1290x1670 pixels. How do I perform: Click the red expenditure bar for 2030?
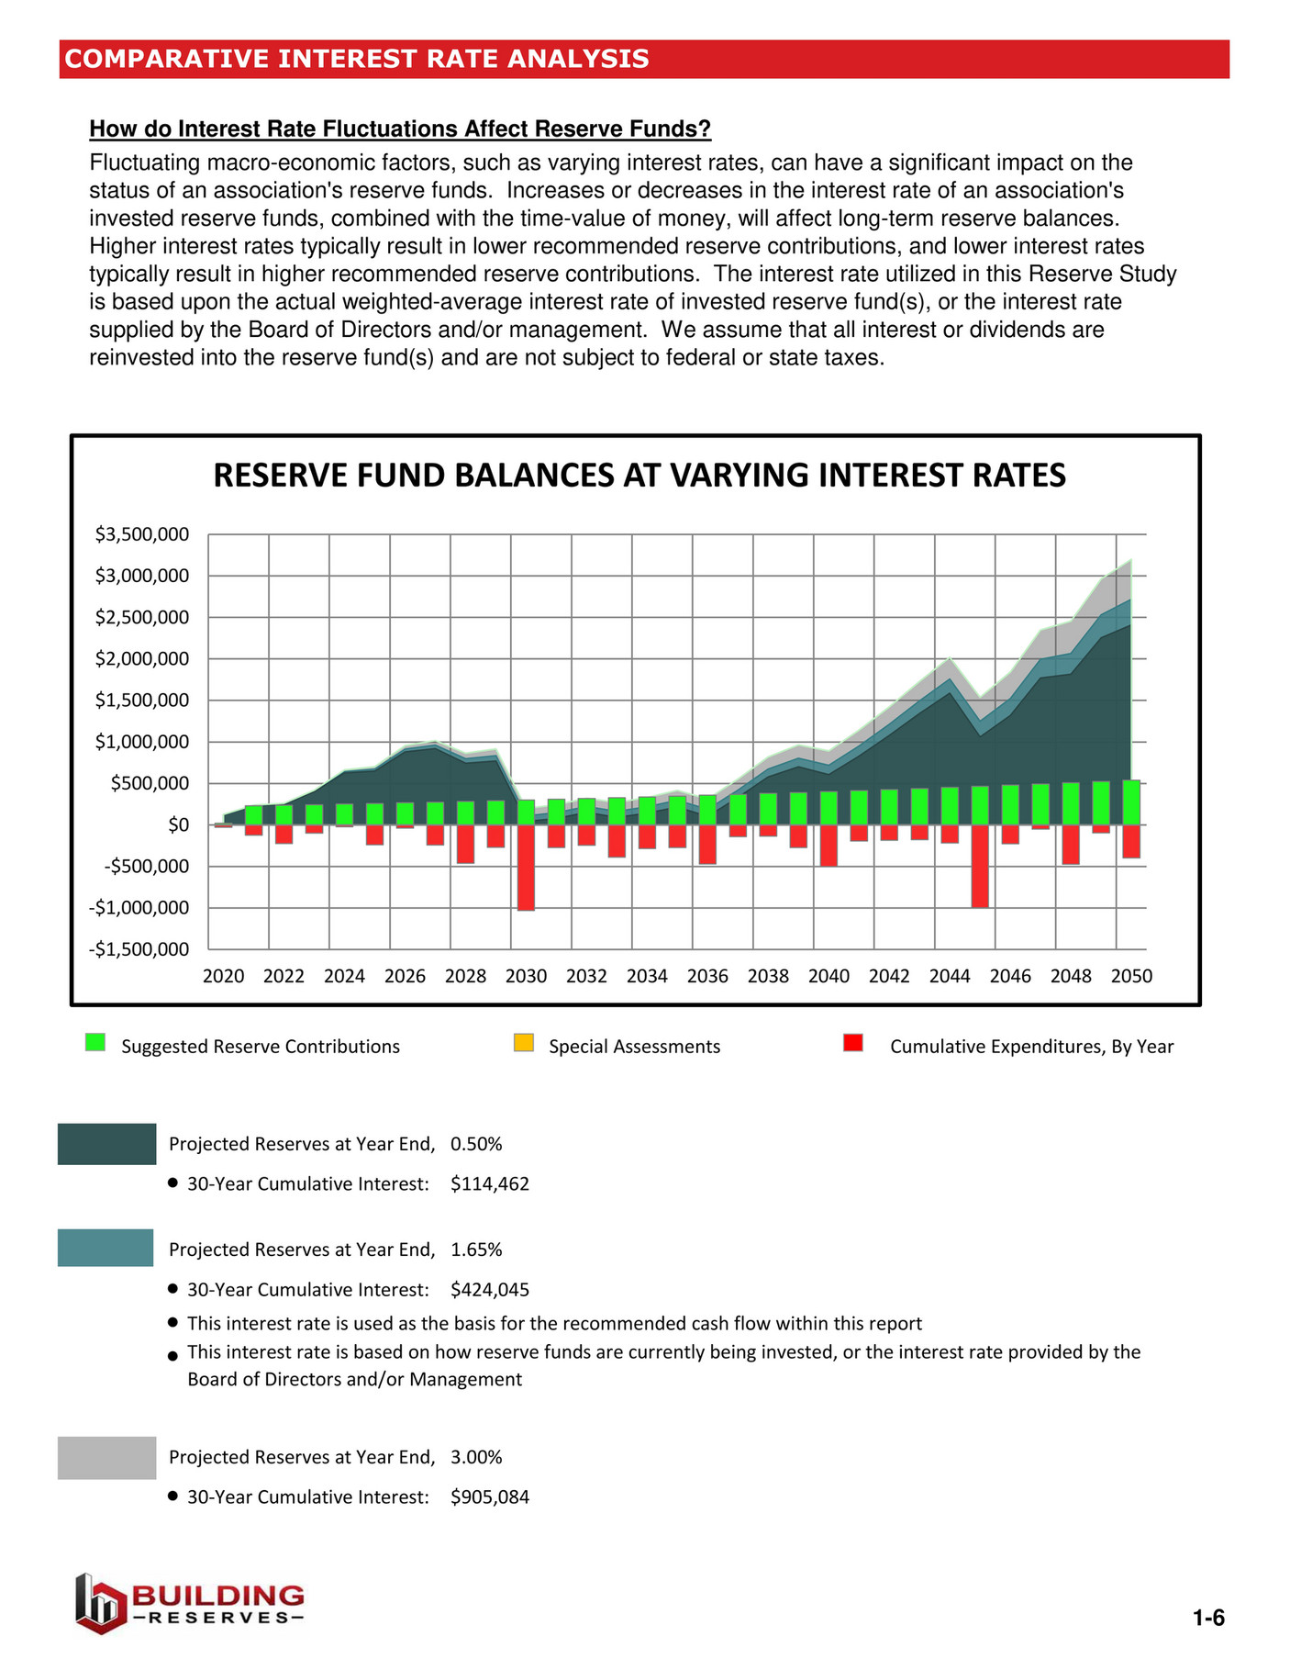526,868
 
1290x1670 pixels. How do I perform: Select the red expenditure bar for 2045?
980,866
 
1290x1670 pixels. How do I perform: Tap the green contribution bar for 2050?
1131,802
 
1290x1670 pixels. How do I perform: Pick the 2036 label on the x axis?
707,977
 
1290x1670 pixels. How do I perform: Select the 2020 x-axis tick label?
223,977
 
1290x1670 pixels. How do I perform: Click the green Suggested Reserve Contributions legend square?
95,1042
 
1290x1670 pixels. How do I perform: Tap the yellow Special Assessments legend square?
524,1042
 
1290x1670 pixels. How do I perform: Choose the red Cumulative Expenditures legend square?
853,1042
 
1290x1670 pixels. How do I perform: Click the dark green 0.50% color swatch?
106,1144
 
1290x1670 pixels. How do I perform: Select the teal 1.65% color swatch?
106,1248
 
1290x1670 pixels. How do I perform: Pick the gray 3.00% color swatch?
106,1458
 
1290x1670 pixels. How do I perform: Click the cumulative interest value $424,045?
490,1290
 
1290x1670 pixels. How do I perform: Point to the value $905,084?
490,1497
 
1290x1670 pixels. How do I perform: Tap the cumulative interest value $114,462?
490,1184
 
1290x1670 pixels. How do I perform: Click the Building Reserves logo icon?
99,1604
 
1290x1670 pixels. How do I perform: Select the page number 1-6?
1208,1619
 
